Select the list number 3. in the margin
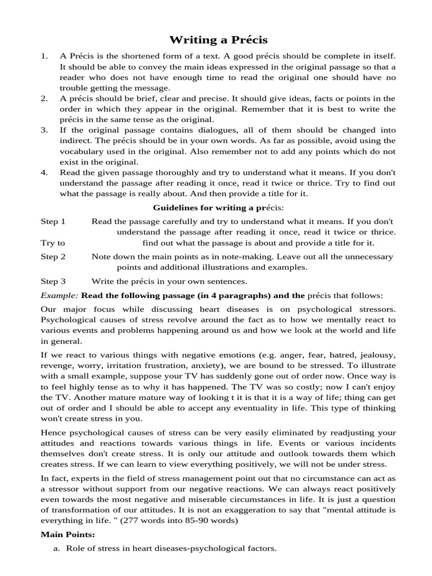44,129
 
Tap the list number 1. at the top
44,57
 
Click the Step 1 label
53,222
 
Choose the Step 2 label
53,256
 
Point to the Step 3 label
53,281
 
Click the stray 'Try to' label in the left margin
53,243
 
